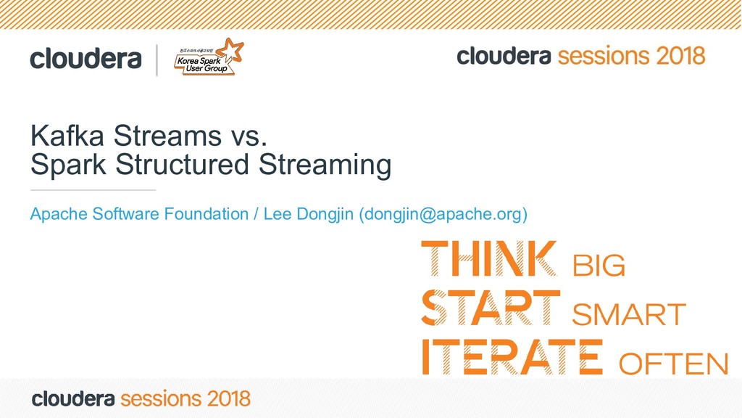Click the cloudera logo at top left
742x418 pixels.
[86, 59]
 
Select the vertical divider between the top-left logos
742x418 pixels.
[157, 60]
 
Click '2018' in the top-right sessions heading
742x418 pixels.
[680, 56]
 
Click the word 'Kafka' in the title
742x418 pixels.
[62, 136]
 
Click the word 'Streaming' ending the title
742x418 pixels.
[325, 165]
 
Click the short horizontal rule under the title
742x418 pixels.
[93, 189]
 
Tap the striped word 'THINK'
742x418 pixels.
[490, 259]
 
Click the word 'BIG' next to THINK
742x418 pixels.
[599, 266]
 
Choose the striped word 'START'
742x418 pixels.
[491, 308]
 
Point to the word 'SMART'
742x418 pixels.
[628, 316]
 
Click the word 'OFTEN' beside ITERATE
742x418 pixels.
[674, 364]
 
